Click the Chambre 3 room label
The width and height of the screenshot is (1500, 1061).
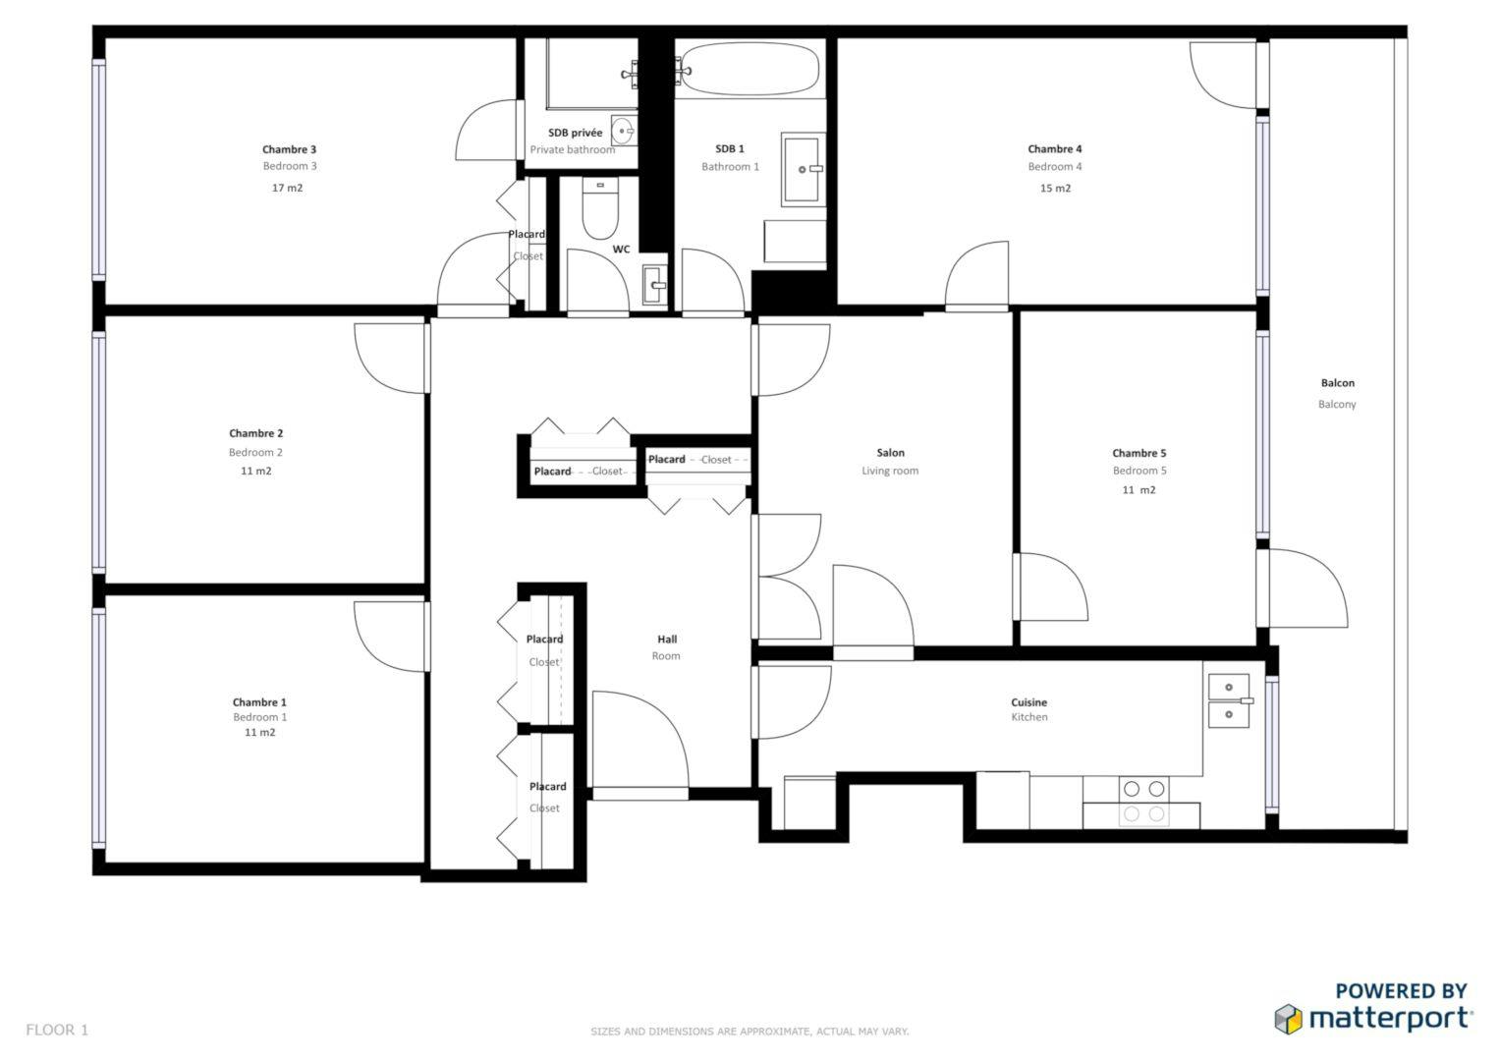coord(289,149)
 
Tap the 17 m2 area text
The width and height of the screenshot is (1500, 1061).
coord(287,188)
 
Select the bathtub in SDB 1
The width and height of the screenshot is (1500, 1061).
coord(749,69)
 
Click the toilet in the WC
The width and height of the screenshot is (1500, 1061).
coord(598,210)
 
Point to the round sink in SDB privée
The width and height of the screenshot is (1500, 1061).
coord(623,130)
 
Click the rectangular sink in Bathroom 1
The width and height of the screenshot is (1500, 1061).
coord(803,170)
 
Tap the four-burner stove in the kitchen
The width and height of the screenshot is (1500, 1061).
coord(1143,801)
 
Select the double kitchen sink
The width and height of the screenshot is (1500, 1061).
coord(1229,700)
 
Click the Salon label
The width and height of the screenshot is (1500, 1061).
coord(890,453)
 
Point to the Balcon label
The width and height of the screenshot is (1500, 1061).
coord(1337,383)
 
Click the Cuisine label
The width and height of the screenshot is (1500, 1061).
coord(1028,702)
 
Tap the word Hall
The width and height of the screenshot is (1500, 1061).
coord(666,640)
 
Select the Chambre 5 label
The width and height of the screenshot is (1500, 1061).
coord(1139,453)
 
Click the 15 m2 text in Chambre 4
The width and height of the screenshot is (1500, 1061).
coord(1055,189)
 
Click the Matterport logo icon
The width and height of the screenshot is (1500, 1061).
coord(1289,1019)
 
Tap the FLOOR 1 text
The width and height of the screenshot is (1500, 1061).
coord(57,1030)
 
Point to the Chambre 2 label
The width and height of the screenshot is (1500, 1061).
coord(255,433)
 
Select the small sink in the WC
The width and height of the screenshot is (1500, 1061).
coord(653,285)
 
